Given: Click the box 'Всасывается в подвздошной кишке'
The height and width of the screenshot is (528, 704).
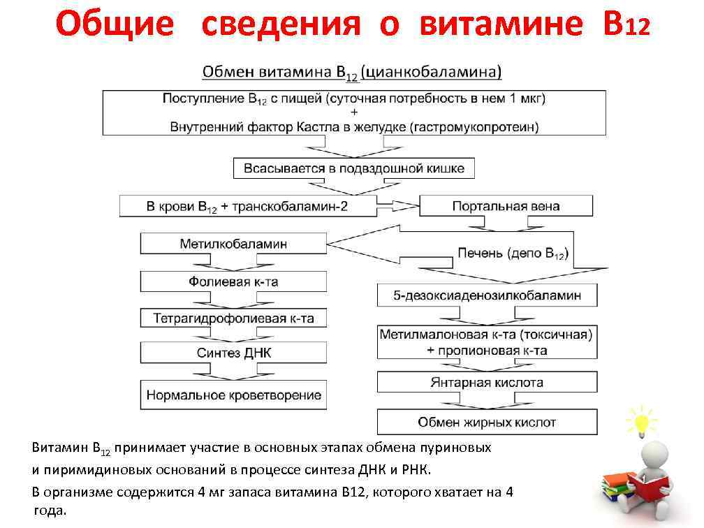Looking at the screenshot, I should coord(353,168).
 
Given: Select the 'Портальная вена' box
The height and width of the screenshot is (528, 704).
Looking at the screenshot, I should coord(506,206).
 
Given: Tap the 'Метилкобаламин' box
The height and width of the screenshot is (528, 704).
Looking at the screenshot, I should coord(233,244).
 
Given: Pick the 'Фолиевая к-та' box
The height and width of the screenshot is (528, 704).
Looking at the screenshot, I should coord(233,281).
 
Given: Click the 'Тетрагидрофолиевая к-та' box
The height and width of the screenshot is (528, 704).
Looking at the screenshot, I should coord(233,318).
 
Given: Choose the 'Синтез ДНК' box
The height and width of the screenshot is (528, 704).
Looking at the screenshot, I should coord(233,353).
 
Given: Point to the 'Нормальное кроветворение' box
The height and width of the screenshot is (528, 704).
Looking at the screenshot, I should coord(233,395).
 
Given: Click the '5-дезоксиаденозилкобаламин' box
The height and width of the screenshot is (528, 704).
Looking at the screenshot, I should coord(487,295).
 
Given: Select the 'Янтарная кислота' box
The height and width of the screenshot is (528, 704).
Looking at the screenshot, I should coord(487,383).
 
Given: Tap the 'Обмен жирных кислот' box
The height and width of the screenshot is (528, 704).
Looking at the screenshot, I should coord(487,422).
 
